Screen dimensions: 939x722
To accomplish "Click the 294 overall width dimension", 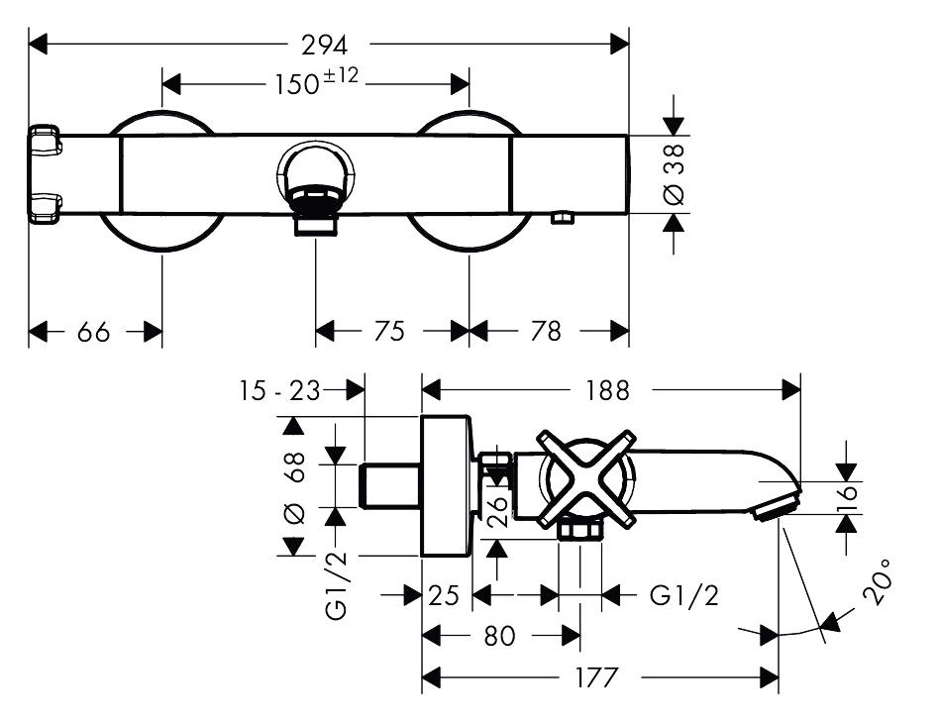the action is coord(324,45).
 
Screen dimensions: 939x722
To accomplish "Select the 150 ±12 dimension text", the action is coord(316,82).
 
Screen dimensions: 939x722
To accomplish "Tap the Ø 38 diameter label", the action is coord(674,174).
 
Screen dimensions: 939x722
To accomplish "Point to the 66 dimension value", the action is coord(93,332).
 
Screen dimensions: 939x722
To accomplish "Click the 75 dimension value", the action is coord(389,331).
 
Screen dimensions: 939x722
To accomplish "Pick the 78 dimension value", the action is coord(546,331).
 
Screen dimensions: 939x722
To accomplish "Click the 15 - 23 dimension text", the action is coord(280,391).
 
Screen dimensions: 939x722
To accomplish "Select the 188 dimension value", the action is coord(607,391).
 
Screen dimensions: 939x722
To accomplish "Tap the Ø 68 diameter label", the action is coord(294,488).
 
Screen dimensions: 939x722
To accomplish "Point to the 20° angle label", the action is coord(878,581).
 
